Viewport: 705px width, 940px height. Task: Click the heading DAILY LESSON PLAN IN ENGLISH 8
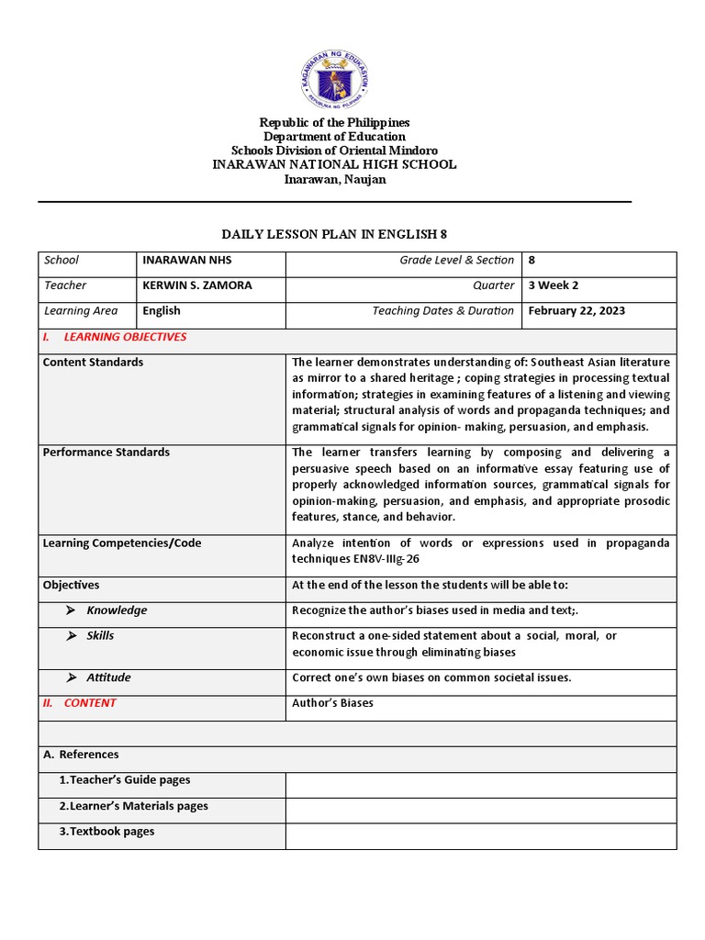point(334,234)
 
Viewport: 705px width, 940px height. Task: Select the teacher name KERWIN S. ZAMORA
point(196,285)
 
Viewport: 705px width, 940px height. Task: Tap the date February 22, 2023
point(576,311)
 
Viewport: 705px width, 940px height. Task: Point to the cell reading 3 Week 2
point(554,285)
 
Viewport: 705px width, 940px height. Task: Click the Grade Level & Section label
point(456,261)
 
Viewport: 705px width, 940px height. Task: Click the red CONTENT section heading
point(90,703)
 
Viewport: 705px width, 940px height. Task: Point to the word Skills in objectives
point(100,635)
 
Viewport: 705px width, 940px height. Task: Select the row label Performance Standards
point(106,453)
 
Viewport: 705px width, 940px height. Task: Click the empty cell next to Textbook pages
point(480,835)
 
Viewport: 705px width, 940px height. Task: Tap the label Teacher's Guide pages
point(124,780)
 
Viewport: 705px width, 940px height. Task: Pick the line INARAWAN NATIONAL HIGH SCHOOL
point(334,164)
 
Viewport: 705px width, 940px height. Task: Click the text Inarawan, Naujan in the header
point(334,179)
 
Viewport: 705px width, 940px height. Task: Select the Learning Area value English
point(162,311)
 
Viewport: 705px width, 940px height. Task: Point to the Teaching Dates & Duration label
point(442,311)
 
